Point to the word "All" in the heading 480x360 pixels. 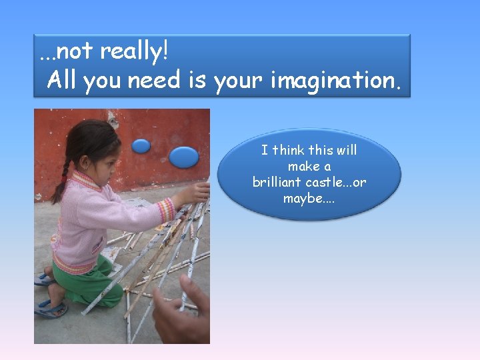tap(63, 81)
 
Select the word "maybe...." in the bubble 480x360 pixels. tap(309, 198)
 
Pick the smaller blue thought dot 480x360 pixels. tap(141, 145)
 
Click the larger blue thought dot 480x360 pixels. tap(183, 157)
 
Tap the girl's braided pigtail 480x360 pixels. tap(62, 180)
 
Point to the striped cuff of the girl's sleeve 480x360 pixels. tap(166, 210)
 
